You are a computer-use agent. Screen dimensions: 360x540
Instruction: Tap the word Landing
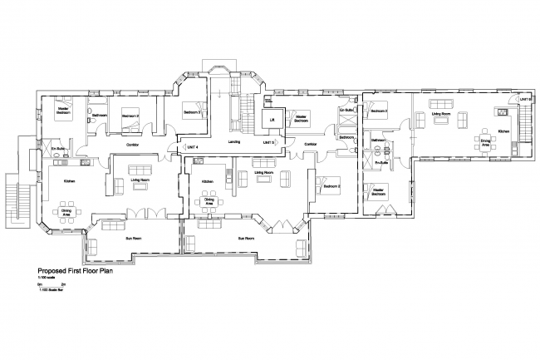[234, 142]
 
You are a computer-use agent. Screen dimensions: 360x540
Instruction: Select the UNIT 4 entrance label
[192, 147]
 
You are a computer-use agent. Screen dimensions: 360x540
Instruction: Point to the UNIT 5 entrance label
[268, 143]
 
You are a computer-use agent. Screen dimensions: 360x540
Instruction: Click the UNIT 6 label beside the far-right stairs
[525, 100]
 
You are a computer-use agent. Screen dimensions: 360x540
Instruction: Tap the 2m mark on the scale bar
[63, 284]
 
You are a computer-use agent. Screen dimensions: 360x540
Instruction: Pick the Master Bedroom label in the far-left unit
[61, 109]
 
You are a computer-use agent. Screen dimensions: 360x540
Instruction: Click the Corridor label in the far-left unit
[131, 145]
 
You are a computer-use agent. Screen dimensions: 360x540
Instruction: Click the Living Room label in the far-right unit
[440, 114]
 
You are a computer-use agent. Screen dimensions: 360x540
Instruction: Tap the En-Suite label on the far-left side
[57, 150]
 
